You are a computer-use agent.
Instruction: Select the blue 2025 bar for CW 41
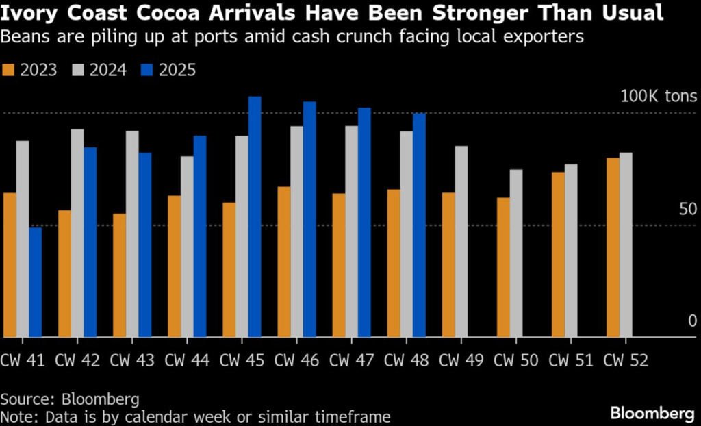coord(36,281)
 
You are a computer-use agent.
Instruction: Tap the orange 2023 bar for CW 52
coord(613,247)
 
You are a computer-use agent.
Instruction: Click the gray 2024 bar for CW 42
coord(77,233)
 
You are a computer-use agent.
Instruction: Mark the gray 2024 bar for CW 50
coord(516,253)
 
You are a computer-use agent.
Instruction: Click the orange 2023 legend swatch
coord(9,70)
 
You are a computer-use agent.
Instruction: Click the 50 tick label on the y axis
coord(687,209)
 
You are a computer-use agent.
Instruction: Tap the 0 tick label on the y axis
coord(692,322)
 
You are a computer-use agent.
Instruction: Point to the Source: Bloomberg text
coord(60,399)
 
